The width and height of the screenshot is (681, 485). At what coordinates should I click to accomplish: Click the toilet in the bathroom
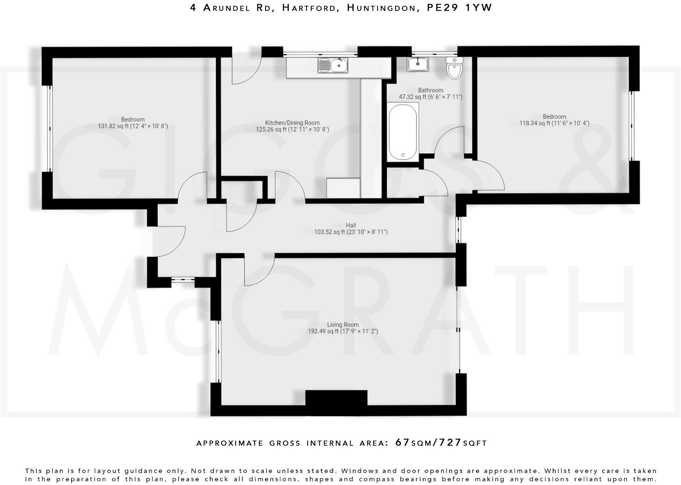click(x=454, y=69)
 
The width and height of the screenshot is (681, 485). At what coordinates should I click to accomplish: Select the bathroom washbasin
click(x=417, y=64)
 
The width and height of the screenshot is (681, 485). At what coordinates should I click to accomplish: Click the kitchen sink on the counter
click(x=333, y=65)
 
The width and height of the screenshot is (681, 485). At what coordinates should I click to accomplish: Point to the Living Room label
click(x=343, y=325)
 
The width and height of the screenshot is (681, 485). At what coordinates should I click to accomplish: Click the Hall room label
click(x=351, y=226)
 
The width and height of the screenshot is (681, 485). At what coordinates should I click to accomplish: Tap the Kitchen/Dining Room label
click(x=292, y=123)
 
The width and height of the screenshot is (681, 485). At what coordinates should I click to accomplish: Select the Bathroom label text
click(x=431, y=90)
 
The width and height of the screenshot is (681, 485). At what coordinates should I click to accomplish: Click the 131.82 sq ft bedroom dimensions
click(x=133, y=126)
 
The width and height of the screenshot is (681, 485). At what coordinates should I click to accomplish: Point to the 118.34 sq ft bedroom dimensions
click(x=554, y=124)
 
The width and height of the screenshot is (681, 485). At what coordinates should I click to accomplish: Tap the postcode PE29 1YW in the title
click(x=459, y=8)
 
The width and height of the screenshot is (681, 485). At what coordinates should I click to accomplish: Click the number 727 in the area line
click(x=449, y=443)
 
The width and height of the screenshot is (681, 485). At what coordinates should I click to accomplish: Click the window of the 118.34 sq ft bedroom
click(x=632, y=125)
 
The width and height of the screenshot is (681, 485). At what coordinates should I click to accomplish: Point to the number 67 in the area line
click(x=402, y=443)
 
